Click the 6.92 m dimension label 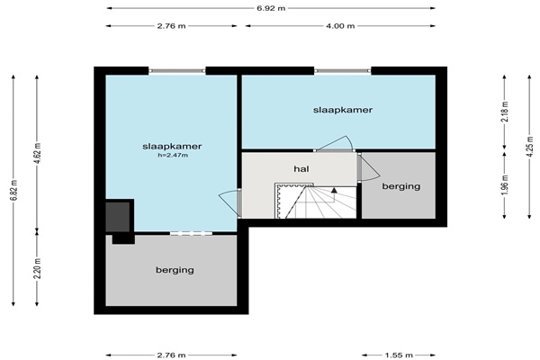pos(271,8)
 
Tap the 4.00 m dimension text pos(340,26)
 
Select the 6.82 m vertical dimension pos(13,190)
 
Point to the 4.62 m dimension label pos(37,153)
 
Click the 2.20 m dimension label pos(37,268)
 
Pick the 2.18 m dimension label pos(505,111)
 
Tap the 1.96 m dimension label pos(505,185)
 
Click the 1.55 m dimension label pos(399,355)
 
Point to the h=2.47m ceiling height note pos(173,155)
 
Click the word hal pos(301,169)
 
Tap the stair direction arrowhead pos(334,190)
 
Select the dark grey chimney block pos(117,217)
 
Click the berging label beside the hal pos(401,186)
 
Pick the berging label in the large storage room pos(175,270)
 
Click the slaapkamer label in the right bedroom pos(343,110)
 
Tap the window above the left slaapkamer pos(177,70)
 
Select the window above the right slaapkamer pos(343,70)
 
